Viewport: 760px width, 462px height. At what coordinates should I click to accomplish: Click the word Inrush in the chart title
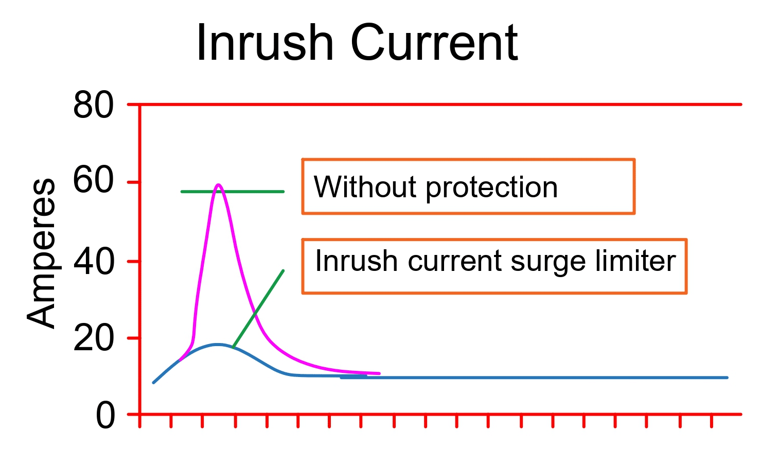(x=265, y=43)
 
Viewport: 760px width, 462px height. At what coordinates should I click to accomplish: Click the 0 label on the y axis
(x=105, y=416)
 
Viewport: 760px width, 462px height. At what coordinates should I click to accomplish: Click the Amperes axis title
(x=42, y=252)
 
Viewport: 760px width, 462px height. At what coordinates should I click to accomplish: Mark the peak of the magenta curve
(x=218, y=185)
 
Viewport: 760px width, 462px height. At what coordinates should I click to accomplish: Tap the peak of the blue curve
(x=218, y=345)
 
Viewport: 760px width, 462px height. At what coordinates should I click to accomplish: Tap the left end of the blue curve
(x=154, y=382)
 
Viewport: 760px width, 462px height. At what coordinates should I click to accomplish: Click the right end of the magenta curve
(x=379, y=373)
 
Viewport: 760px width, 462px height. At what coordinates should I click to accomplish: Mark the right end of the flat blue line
(x=727, y=378)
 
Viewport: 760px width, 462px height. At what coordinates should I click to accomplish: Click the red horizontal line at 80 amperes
(x=437, y=105)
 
